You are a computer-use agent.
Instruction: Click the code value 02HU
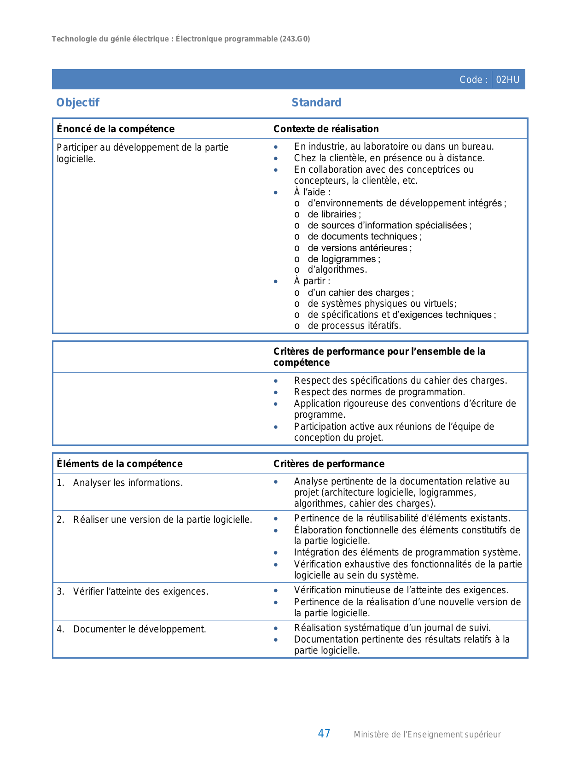tap(507, 80)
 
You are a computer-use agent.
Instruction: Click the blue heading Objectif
tap(77, 102)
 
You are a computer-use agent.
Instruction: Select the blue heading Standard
tap(316, 102)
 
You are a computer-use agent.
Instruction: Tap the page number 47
tap(324, 733)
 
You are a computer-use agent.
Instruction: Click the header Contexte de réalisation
tap(326, 129)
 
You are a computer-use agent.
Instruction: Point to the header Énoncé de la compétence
tap(116, 129)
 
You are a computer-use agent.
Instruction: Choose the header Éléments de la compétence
tap(120, 464)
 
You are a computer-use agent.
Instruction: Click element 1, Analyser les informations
tap(128, 483)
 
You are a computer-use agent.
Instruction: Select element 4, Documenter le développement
tap(139, 629)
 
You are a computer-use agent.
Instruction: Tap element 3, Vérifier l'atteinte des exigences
tap(140, 591)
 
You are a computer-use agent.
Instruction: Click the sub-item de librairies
tap(334, 214)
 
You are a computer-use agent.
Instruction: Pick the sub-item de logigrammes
tap(343, 259)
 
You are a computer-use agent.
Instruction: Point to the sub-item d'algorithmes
tap(337, 269)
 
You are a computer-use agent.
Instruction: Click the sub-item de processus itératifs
tap(354, 326)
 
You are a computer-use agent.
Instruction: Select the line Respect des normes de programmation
tap(379, 392)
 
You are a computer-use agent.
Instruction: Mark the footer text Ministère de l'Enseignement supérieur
tap(427, 735)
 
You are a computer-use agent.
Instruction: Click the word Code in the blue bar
tap(471, 80)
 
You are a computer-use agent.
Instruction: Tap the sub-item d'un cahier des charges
tap(360, 292)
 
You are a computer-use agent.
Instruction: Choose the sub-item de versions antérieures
tap(359, 248)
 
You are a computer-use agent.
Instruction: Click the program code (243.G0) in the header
tap(295, 39)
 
